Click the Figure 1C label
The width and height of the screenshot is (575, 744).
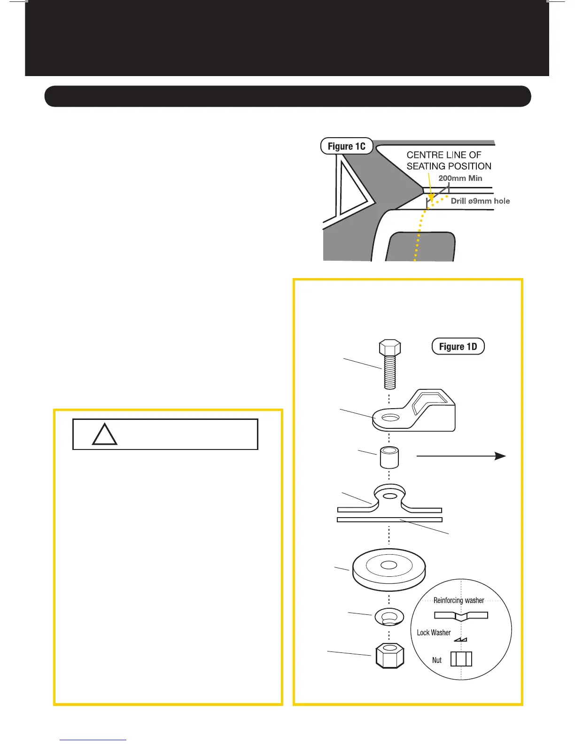(346, 146)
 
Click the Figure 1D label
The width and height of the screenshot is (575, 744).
(458, 347)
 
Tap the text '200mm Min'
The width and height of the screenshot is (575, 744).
(460, 178)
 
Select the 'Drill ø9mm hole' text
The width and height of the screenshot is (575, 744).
(480, 201)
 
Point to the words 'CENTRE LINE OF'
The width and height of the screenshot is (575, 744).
(443, 155)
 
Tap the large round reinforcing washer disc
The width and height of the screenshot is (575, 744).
(389, 569)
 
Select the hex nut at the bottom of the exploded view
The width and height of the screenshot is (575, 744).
(390, 655)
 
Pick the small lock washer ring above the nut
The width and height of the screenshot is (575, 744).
(389, 617)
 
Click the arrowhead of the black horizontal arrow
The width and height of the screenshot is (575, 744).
(500, 456)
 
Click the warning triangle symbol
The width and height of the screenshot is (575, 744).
(104, 435)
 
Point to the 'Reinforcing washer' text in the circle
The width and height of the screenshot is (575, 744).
(458, 600)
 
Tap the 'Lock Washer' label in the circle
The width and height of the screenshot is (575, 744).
(434, 633)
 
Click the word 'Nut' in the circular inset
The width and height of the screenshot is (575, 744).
(437, 660)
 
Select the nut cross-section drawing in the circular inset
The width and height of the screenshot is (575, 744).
(461, 659)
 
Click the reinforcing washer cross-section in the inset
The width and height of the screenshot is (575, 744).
(461, 615)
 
